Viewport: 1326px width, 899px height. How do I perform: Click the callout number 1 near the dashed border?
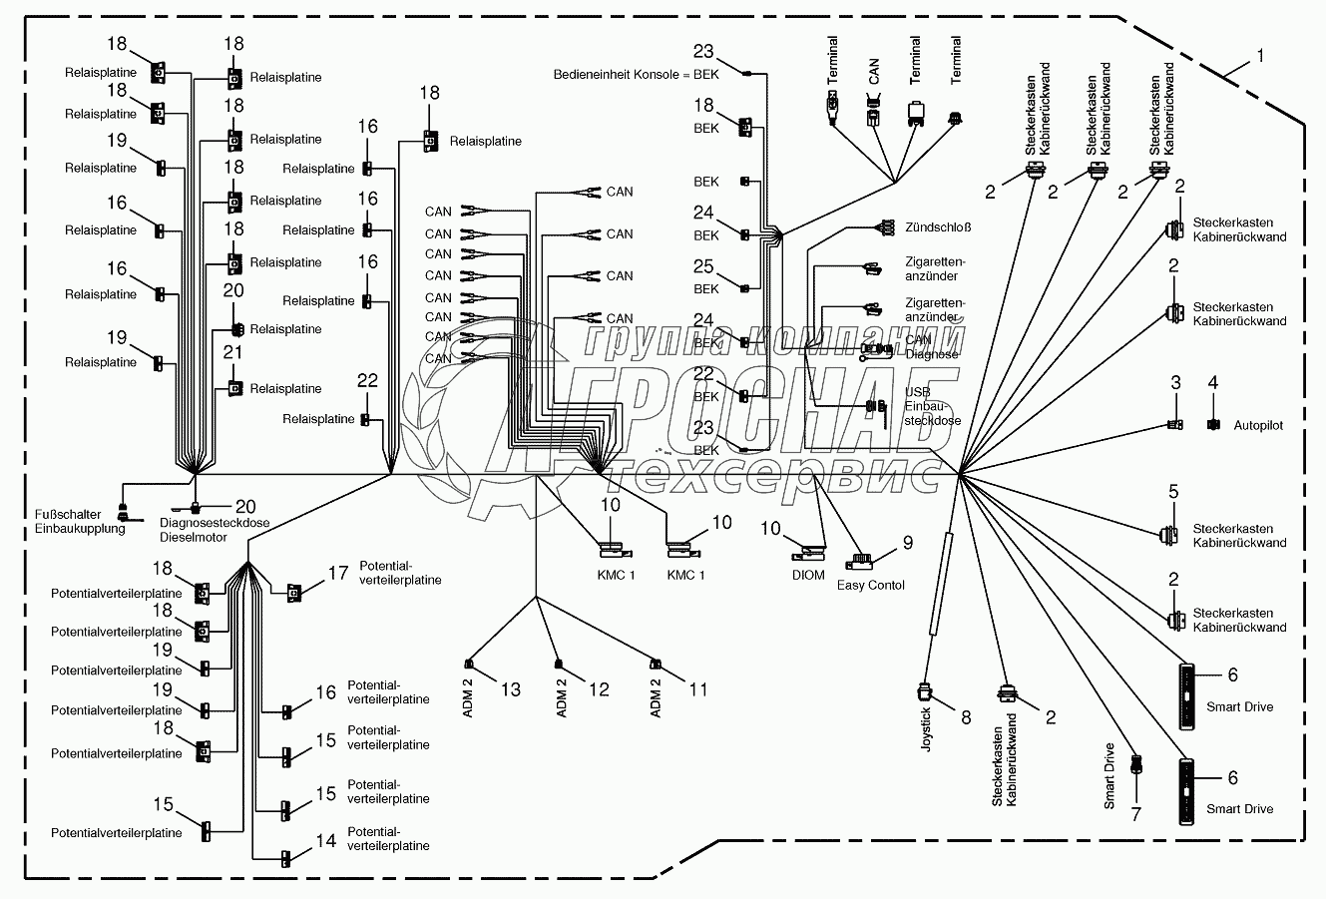click(x=1260, y=57)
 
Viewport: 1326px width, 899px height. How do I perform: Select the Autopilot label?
click(x=1257, y=425)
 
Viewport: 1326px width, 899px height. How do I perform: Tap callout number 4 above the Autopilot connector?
click(x=1212, y=383)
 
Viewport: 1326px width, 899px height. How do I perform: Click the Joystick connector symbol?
click(x=924, y=690)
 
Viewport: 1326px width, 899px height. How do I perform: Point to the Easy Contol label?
click(x=871, y=585)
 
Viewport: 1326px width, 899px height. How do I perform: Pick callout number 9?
click(x=908, y=544)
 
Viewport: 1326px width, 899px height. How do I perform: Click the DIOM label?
click(x=809, y=575)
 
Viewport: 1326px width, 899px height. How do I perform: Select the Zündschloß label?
click(x=939, y=227)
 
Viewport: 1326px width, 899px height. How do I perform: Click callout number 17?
click(x=338, y=573)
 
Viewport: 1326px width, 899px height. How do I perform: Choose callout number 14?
click(x=325, y=841)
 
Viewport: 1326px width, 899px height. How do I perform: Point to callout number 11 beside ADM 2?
click(x=697, y=689)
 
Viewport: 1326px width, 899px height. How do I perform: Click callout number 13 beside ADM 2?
click(x=510, y=689)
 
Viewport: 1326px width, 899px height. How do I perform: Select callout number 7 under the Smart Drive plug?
click(x=1134, y=813)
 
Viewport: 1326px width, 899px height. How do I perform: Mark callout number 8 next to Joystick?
click(x=965, y=716)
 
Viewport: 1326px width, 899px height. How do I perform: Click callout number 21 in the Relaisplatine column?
click(x=232, y=352)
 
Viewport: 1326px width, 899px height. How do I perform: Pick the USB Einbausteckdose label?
click(x=932, y=406)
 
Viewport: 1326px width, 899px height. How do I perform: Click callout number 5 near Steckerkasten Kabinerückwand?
click(x=1174, y=491)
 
